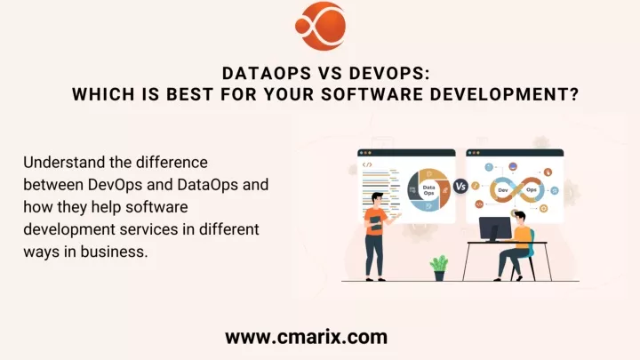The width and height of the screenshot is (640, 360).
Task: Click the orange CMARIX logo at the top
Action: pos(320,26)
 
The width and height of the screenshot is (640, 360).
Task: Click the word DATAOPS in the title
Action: pos(267,74)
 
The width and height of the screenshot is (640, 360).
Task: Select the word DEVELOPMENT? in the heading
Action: pos(505,94)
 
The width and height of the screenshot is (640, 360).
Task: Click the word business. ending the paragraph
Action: pos(114,252)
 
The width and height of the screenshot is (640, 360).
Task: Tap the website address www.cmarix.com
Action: pos(306,337)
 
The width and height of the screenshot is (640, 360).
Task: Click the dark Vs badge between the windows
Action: pos(460,187)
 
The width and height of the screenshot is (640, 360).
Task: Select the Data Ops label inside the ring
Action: pos(428,190)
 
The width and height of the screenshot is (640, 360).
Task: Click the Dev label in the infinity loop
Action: pos(503,190)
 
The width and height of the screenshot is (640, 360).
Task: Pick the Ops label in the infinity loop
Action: pos(532,190)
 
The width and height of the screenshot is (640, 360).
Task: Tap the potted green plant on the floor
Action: pos(439,268)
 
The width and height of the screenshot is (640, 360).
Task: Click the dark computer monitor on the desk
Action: pos(495,229)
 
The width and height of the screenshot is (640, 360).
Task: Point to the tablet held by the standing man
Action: pos(375,223)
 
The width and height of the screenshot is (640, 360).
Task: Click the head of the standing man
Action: pos(377,200)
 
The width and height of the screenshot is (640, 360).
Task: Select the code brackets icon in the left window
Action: pos(367,165)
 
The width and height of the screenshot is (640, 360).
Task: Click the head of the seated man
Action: pos(520,219)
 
